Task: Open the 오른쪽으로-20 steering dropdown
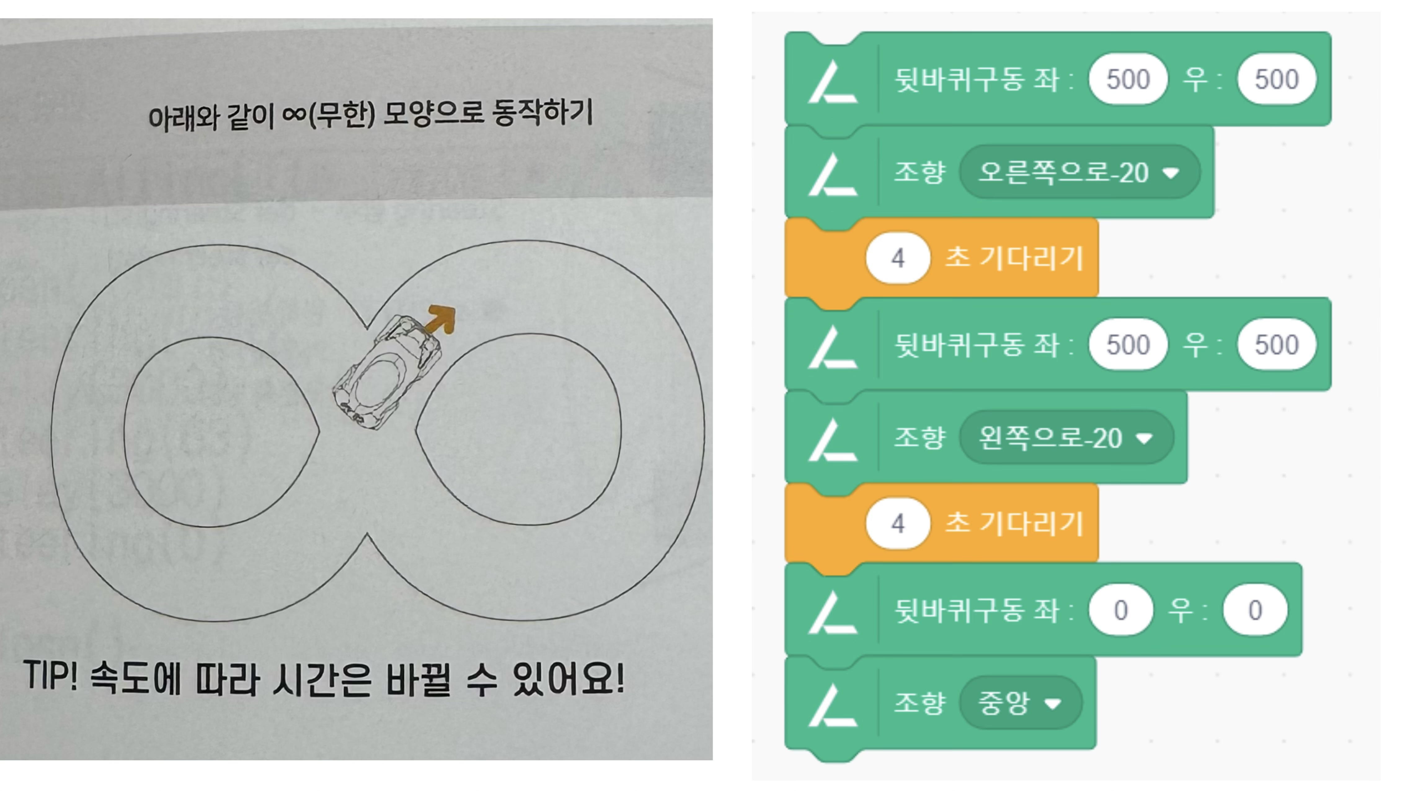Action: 1080,172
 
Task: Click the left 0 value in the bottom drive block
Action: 1121,610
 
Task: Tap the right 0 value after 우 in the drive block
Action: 1255,610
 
